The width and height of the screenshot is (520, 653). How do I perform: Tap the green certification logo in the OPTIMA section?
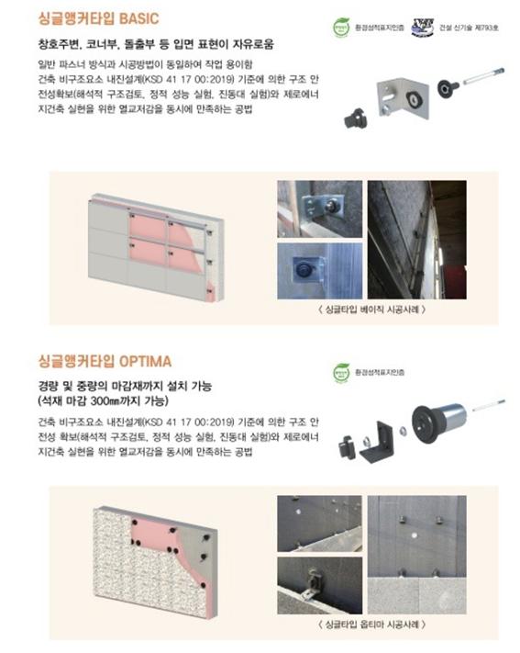[342, 372]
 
